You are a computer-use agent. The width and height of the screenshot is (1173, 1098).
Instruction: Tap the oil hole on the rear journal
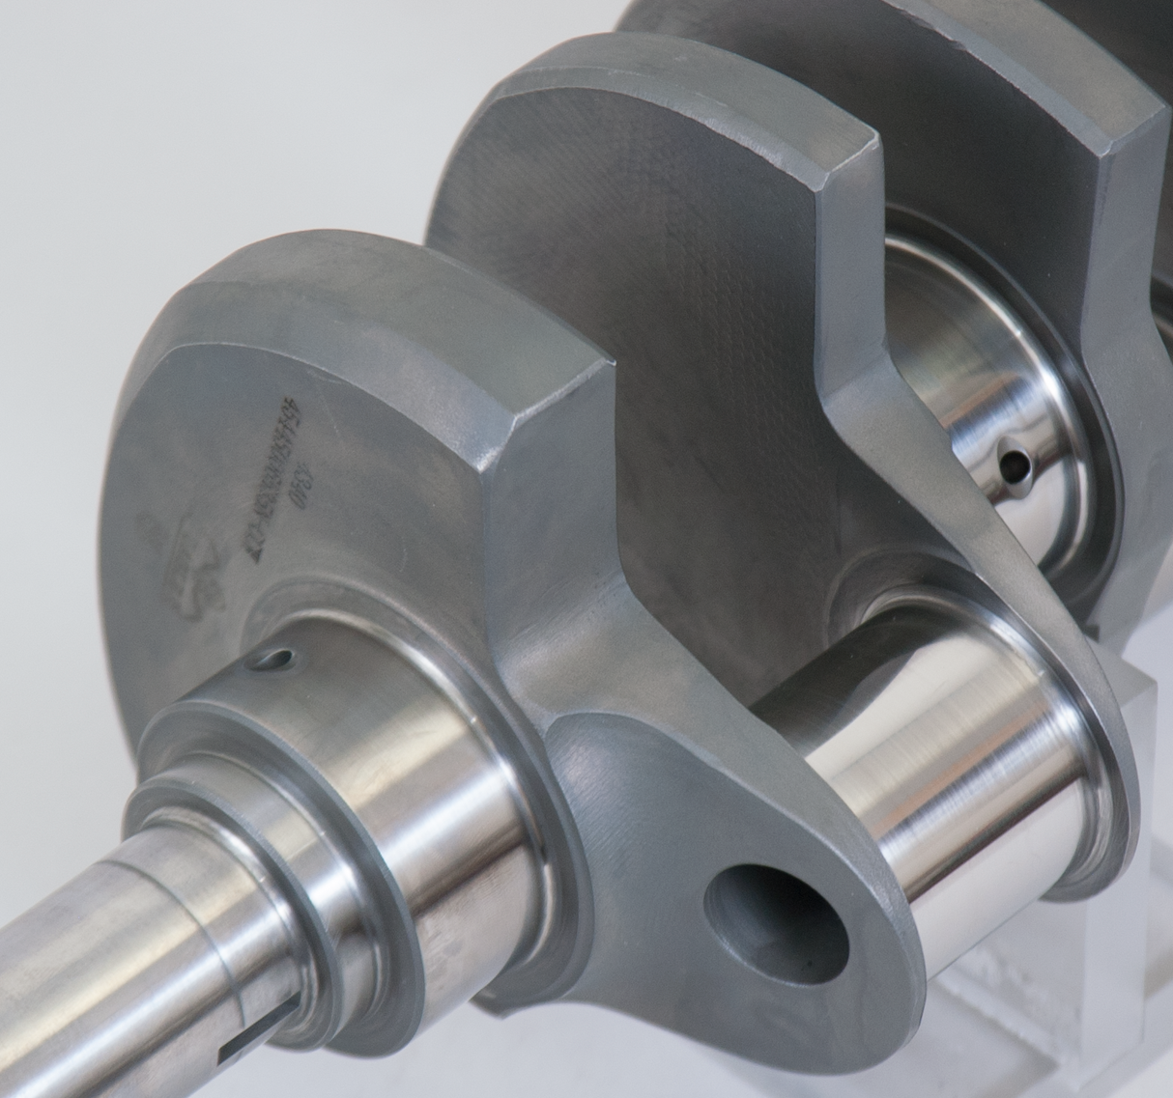click(x=1014, y=467)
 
